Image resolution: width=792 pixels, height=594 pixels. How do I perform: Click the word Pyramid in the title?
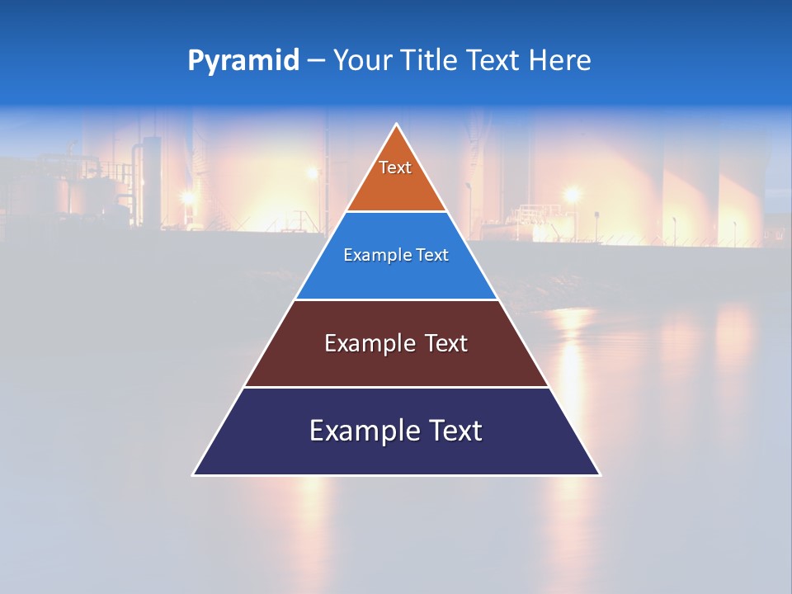click(x=243, y=60)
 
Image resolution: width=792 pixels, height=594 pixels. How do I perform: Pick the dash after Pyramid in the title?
click(x=316, y=61)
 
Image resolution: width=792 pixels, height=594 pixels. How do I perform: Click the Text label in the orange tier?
click(x=395, y=167)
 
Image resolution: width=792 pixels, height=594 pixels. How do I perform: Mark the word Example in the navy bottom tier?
click(x=364, y=431)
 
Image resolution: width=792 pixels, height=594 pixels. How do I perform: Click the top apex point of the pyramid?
click(x=397, y=125)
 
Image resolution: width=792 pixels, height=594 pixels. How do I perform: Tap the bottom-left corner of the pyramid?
click(x=194, y=474)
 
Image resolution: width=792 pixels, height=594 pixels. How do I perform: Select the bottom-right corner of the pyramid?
click(x=599, y=474)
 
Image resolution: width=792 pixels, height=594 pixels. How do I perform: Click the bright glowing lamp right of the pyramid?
click(x=571, y=196)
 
